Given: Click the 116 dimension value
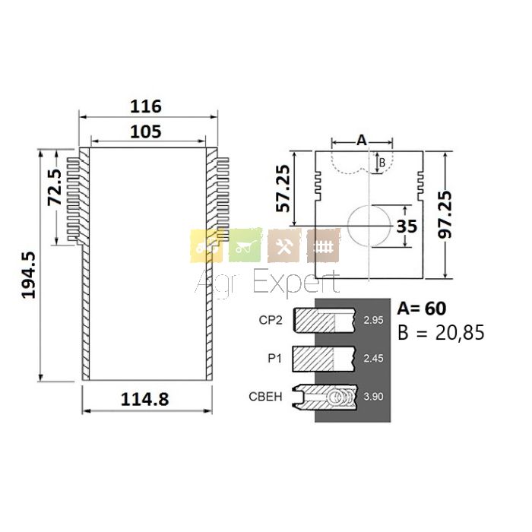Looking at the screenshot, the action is pyautogui.click(x=146, y=106).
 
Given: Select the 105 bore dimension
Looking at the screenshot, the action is pyautogui.click(x=146, y=132).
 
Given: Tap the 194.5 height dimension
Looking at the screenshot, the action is pyautogui.click(x=29, y=275).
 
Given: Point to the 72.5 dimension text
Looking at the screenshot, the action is pyautogui.click(x=54, y=187).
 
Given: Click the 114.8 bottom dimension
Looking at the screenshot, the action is pyautogui.click(x=145, y=399).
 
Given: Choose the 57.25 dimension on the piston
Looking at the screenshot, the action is pyautogui.click(x=283, y=188).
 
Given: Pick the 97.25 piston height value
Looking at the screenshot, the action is pyautogui.click(x=445, y=214).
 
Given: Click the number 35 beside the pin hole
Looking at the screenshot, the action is pyautogui.click(x=407, y=226).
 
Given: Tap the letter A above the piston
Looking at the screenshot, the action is pyautogui.click(x=362, y=140).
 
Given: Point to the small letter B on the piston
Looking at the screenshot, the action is pyautogui.click(x=382, y=163).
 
